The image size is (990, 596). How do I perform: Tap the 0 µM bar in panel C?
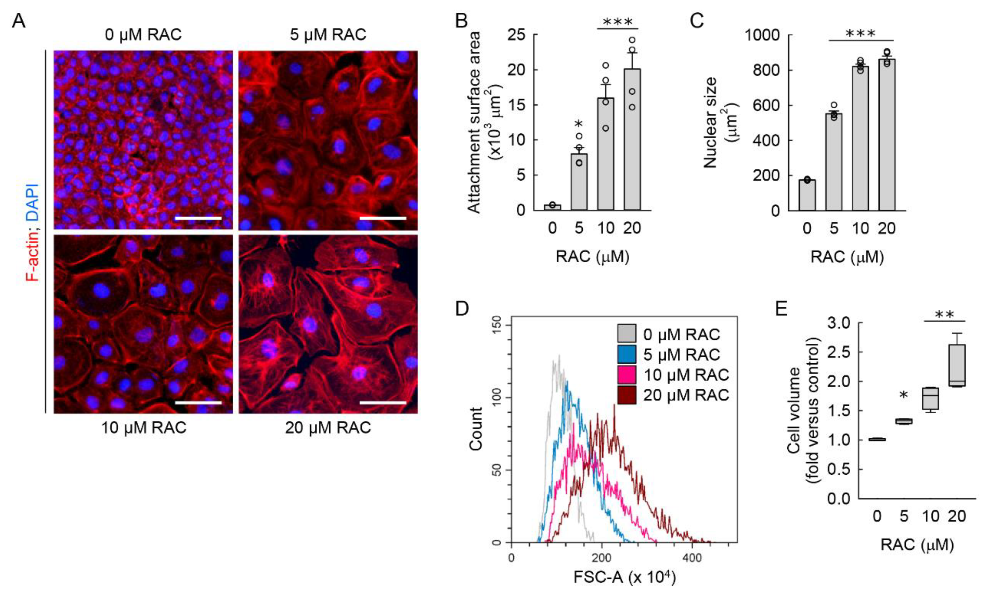(x=807, y=195)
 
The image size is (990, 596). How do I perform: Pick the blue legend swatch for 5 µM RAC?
(x=627, y=355)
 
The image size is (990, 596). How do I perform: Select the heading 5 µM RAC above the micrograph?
(x=328, y=35)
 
